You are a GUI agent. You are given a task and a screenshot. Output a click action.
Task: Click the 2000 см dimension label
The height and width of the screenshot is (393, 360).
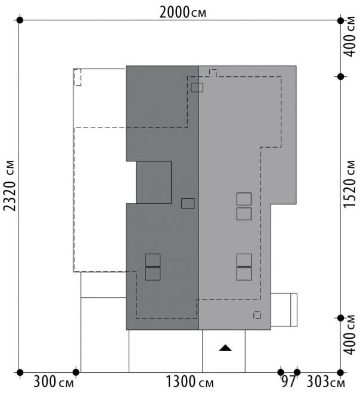click(183, 13)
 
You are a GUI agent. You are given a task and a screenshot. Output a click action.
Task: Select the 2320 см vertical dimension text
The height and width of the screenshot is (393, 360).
click(10, 185)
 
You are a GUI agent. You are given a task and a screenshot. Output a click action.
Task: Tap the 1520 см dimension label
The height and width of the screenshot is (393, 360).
click(349, 184)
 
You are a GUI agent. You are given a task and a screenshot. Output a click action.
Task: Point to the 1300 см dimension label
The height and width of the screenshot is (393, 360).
click(190, 382)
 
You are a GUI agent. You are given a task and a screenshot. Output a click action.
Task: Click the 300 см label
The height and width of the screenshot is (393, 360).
click(54, 382)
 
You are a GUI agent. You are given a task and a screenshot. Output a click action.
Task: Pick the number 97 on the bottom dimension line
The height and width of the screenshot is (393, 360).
click(288, 382)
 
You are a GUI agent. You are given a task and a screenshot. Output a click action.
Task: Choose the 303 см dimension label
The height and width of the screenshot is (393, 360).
click(325, 382)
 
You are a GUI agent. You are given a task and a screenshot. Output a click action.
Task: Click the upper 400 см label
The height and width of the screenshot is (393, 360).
click(349, 36)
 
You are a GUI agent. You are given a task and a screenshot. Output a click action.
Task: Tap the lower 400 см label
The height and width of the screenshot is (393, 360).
click(349, 335)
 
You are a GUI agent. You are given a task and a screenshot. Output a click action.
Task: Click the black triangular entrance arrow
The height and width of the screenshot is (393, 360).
click(225, 348)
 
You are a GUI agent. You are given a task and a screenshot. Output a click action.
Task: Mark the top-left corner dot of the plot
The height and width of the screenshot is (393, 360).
click(20, 20)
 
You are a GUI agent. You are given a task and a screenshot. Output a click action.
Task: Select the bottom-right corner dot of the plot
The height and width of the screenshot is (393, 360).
click(340, 372)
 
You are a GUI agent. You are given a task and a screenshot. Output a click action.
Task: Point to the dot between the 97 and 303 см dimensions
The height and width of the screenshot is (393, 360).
click(297, 372)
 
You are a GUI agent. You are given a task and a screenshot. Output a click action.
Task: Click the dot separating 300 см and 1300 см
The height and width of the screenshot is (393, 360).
click(76, 372)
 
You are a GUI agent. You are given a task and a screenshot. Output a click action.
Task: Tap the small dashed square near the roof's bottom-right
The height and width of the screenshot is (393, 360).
click(257, 315)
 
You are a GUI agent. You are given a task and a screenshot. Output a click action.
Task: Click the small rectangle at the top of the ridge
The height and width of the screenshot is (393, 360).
click(197, 88)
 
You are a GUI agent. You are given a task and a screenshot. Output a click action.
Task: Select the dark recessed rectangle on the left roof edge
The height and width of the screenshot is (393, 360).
click(154, 182)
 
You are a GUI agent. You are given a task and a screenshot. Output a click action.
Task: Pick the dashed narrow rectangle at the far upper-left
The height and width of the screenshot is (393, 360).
click(77, 77)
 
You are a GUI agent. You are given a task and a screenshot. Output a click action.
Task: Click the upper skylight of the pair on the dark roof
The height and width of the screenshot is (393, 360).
click(153, 260)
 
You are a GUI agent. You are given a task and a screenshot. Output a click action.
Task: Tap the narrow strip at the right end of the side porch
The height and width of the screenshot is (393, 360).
click(294, 310)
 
